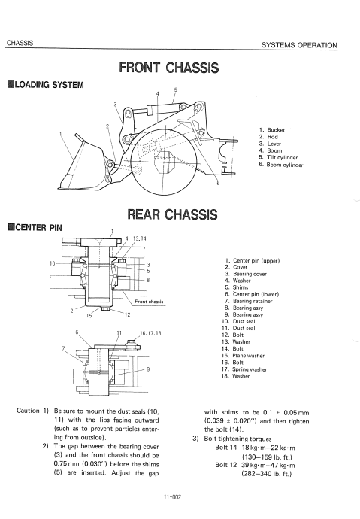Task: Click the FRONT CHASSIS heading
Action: (168, 68)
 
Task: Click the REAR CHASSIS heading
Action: (172, 214)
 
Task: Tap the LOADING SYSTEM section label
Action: (46, 85)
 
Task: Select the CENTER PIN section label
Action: (35, 227)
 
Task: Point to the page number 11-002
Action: (172, 497)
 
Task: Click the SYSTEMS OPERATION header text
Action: (299, 45)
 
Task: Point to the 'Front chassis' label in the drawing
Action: (149, 302)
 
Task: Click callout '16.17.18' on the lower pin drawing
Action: (150, 333)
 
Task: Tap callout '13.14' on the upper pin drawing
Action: (139, 238)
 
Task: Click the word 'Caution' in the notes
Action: (28, 411)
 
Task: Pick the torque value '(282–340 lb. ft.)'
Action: (267, 474)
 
